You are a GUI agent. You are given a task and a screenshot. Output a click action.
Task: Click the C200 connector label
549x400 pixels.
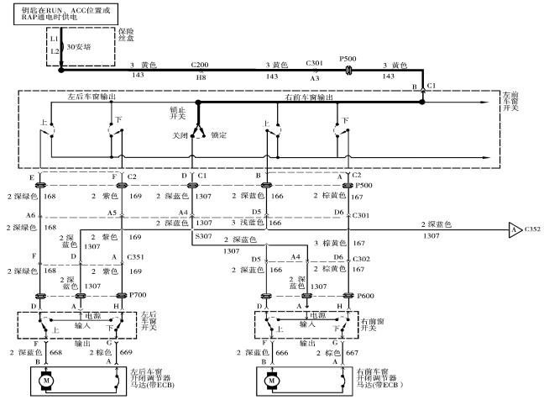(x=200, y=65)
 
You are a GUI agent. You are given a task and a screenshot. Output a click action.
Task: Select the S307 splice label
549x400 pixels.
(x=204, y=238)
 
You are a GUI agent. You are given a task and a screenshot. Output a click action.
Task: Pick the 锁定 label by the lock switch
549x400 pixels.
(x=220, y=134)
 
